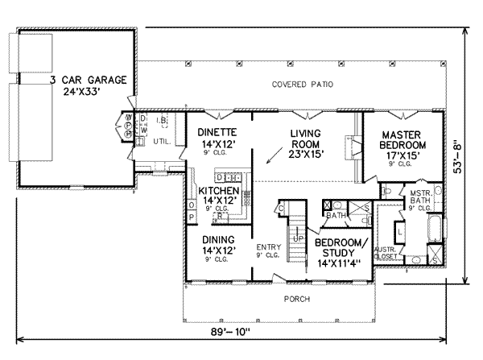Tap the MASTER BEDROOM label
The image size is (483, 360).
(x=403, y=140)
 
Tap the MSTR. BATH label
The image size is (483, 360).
(x=419, y=198)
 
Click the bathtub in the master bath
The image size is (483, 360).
(x=434, y=228)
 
